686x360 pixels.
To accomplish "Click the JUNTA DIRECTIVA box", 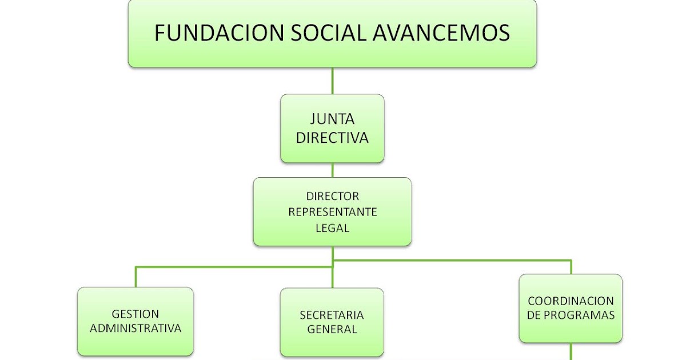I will coord(332,129).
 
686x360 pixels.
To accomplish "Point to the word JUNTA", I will coord(332,119).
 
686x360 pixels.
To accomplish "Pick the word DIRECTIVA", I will coord(332,138).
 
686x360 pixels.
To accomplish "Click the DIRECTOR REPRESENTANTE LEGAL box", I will coord(332,212).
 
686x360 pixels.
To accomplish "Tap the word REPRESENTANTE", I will coord(332,212).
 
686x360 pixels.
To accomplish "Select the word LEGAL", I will coord(332,228).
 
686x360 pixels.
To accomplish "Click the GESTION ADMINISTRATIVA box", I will coord(135,321).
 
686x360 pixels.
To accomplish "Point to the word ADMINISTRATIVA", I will coord(135,329).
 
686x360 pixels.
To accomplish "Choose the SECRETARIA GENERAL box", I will coord(332,322).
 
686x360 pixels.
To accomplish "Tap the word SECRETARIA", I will coord(332,315).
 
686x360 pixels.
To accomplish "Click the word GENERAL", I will coord(332,329).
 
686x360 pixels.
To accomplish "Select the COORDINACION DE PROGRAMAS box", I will coord(571,308).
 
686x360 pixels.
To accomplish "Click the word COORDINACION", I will coord(571,301).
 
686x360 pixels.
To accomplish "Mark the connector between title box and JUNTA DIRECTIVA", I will coord(332,81).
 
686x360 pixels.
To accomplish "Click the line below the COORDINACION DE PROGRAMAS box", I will coord(571,351).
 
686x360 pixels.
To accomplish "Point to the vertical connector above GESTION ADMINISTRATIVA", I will coord(135,277).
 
